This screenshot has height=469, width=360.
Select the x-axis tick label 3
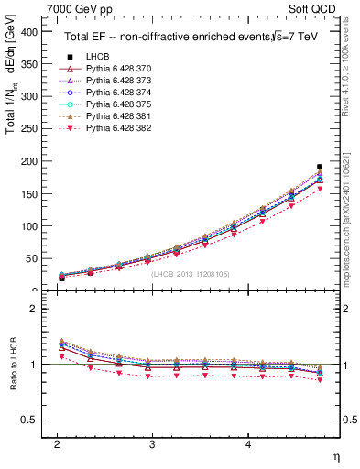click(x=152, y=443)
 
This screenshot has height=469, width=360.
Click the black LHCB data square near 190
click(x=319, y=167)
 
